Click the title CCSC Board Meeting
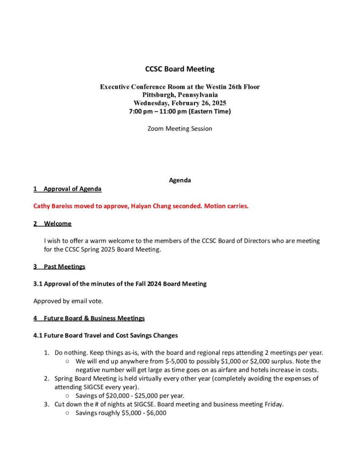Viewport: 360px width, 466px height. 180,69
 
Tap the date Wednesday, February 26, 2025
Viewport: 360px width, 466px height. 180,103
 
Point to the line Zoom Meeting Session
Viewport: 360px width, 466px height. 180,129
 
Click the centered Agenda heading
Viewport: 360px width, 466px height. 180,180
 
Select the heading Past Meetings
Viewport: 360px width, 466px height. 64,266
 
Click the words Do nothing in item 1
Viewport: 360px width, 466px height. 71,353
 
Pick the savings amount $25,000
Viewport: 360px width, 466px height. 148,396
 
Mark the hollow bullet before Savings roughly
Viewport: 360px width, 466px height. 67,413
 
